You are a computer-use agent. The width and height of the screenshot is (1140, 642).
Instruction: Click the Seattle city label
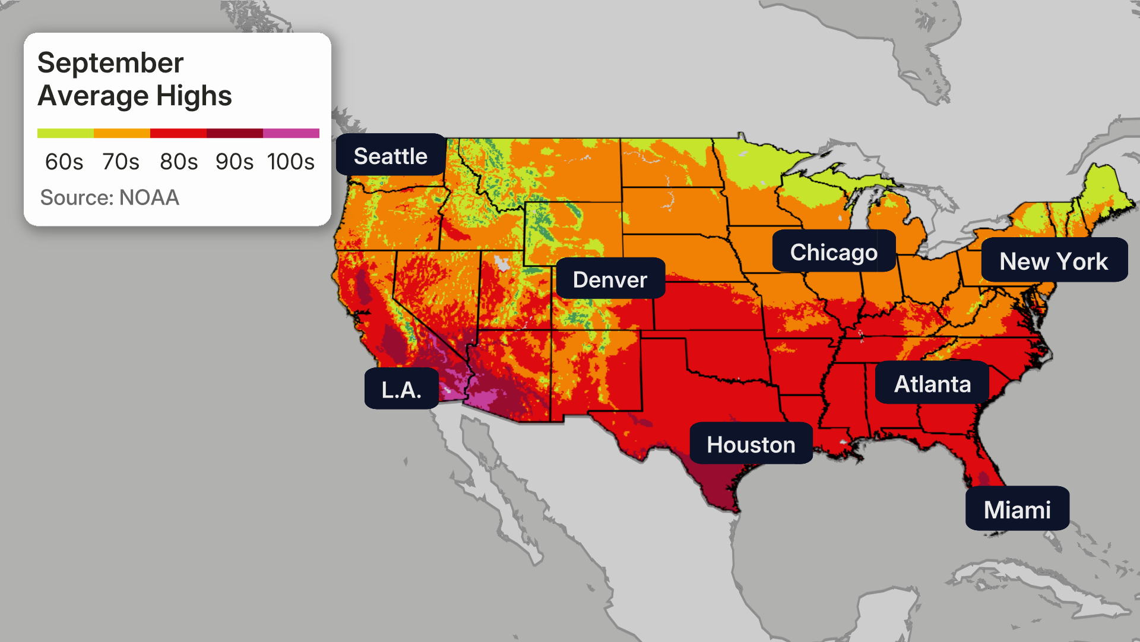390,156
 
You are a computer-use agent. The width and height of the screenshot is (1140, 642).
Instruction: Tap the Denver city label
610,279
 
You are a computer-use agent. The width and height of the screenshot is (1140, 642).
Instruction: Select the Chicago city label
834,252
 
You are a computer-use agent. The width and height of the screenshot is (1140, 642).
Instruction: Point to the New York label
1054,261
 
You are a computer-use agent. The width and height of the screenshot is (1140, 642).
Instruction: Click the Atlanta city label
932,384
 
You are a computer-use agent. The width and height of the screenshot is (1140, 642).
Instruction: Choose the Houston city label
751,445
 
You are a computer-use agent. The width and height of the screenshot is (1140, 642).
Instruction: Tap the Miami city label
1017,510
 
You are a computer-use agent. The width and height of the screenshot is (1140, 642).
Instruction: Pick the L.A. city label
401,390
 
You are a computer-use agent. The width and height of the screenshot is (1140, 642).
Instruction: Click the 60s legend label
64,162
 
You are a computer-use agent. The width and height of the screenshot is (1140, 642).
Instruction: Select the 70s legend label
121,162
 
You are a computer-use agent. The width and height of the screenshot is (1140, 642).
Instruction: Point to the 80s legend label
179,162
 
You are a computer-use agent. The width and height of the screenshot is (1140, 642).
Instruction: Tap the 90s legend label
235,162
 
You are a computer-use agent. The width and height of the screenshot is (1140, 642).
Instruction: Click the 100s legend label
291,162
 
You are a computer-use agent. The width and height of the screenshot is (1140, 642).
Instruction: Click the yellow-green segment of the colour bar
65,133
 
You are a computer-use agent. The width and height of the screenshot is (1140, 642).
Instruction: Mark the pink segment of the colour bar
291,133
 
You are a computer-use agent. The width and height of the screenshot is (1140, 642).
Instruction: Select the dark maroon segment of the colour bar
235,133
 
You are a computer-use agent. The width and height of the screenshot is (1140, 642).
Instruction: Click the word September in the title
110,64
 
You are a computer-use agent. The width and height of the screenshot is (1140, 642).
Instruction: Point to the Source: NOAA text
109,197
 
